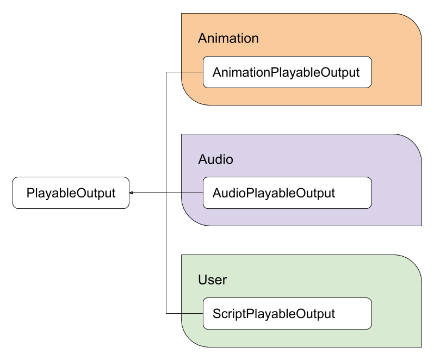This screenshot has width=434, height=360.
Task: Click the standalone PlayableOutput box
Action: point(71,193)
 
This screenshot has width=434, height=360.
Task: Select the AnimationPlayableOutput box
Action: point(287,72)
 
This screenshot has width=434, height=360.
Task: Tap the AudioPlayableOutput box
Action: point(287,193)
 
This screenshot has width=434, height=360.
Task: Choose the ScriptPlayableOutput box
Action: point(287,313)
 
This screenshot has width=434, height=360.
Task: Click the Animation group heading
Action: point(228,38)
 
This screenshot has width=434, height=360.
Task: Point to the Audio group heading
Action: point(215,159)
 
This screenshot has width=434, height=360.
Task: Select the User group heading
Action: point(212,280)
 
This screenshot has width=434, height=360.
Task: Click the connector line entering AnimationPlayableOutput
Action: point(192,72)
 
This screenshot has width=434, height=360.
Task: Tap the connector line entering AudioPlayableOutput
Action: point(192,193)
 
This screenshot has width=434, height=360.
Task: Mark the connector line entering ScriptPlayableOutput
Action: point(192,313)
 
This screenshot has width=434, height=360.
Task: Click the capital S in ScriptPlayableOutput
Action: point(216,314)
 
